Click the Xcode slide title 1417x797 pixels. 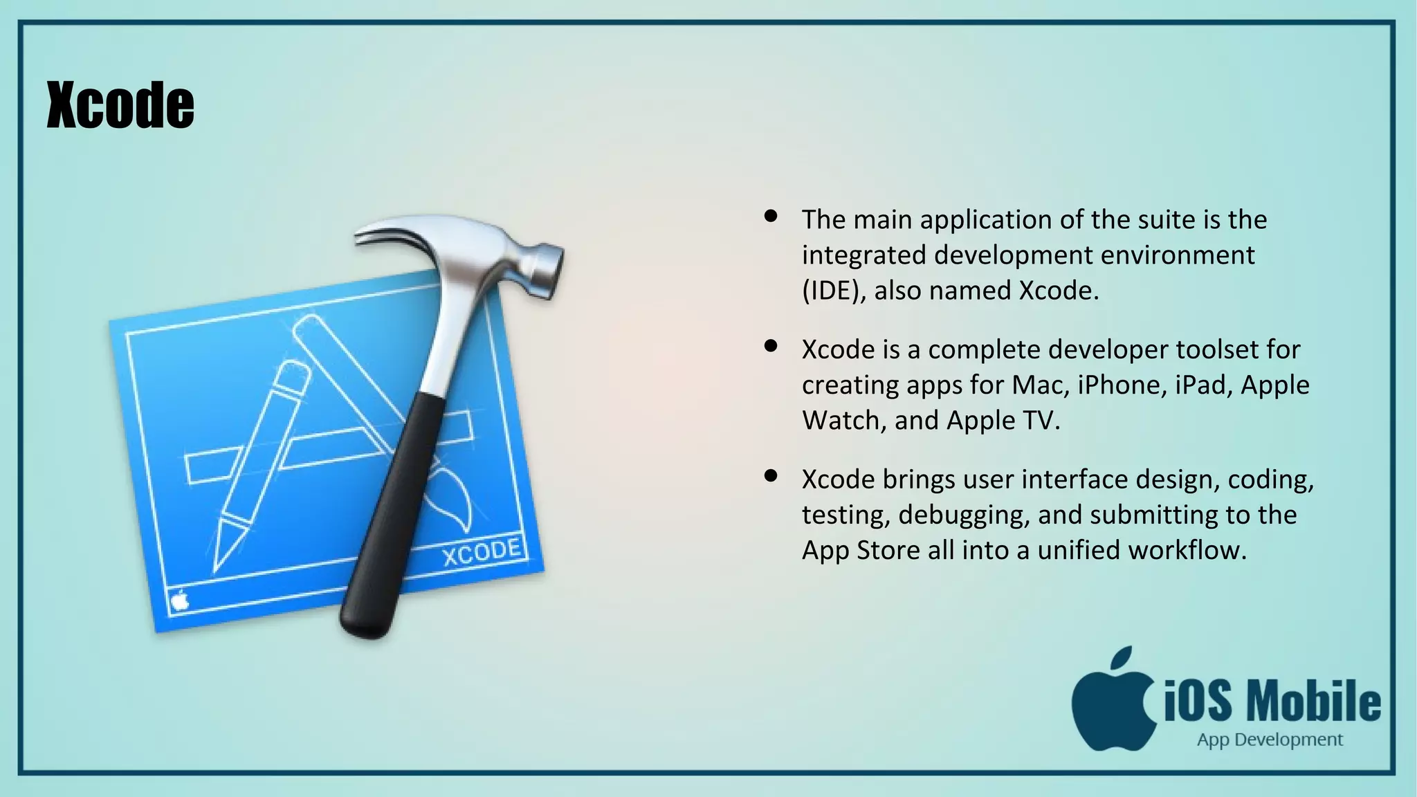120,105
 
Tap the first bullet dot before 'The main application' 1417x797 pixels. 771,217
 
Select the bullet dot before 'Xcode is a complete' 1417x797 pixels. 771,346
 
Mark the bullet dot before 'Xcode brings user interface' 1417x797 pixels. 771,476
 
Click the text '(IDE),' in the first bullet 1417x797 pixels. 834,291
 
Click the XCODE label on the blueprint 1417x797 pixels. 482,552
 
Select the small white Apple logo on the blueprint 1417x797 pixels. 180,600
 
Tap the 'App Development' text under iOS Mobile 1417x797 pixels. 1270,740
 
